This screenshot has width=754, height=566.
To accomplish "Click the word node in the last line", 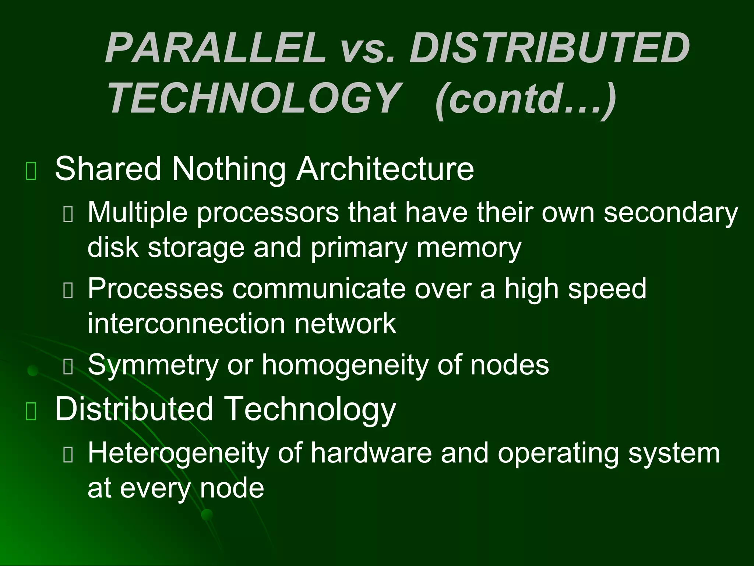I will click(x=232, y=488).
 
